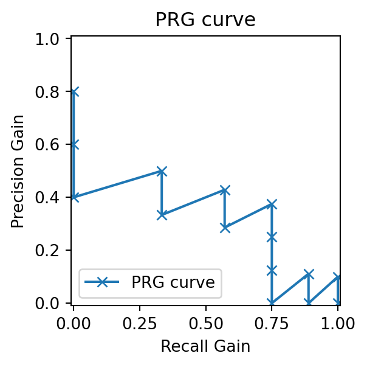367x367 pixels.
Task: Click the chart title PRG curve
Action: tap(205, 19)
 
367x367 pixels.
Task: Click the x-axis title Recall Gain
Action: tap(205, 347)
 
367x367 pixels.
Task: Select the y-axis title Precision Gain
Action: tap(18, 171)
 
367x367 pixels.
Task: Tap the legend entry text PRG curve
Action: tap(173, 282)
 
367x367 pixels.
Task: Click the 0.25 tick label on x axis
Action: tap(140, 322)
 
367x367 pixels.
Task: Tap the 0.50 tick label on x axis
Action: tap(205, 322)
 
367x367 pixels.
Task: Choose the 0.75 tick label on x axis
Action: tap(272, 322)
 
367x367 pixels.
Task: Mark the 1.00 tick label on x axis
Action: tap(338, 322)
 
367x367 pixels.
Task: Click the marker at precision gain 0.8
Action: tap(74, 92)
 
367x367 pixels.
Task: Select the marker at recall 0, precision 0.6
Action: tap(74, 145)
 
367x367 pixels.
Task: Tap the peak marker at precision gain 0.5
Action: tap(162, 171)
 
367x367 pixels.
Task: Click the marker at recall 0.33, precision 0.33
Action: tap(162, 215)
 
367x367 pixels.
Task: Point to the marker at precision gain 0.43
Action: tap(225, 190)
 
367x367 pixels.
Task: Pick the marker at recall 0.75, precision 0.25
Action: tap(272, 237)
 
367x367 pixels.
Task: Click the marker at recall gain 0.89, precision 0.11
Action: tap(309, 274)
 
